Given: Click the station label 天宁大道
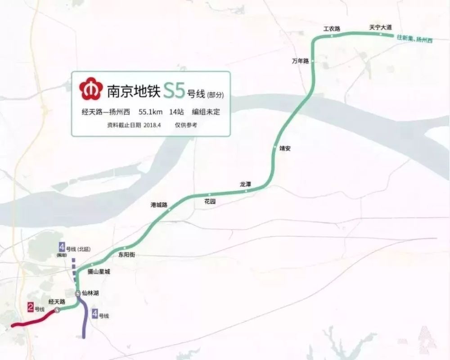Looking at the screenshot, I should click(380, 27).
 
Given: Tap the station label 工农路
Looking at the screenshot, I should click(331, 29).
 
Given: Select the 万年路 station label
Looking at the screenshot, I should click(300, 61).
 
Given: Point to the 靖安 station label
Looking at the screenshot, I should click(285, 148).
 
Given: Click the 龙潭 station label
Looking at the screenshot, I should click(245, 184).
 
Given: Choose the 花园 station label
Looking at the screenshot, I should click(210, 202).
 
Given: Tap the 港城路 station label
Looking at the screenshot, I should click(159, 205).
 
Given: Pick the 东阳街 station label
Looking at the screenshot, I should click(126, 255).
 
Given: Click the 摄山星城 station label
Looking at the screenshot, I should click(98, 272).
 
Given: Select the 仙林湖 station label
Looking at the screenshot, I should click(91, 293).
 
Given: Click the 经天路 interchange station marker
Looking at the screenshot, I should click(57, 310).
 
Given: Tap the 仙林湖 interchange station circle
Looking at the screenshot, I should click(78, 293).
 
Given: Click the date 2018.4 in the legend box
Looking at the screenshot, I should click(155, 126).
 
